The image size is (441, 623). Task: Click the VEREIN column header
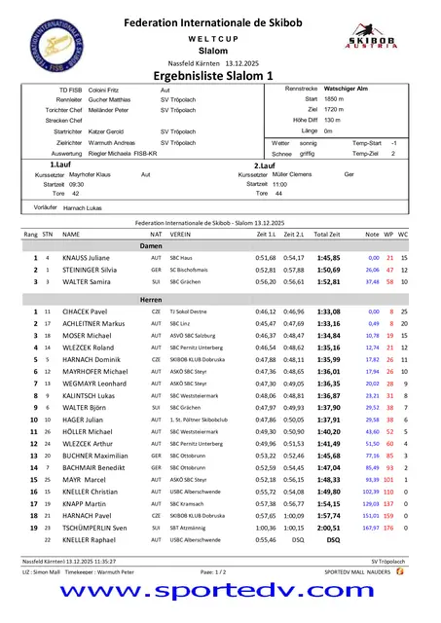tap(180, 235)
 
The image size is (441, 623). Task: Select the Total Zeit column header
tap(327, 235)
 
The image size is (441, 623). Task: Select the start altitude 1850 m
tap(334, 99)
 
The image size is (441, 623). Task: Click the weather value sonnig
tap(307, 142)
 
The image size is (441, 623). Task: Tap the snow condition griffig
tap(307, 153)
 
